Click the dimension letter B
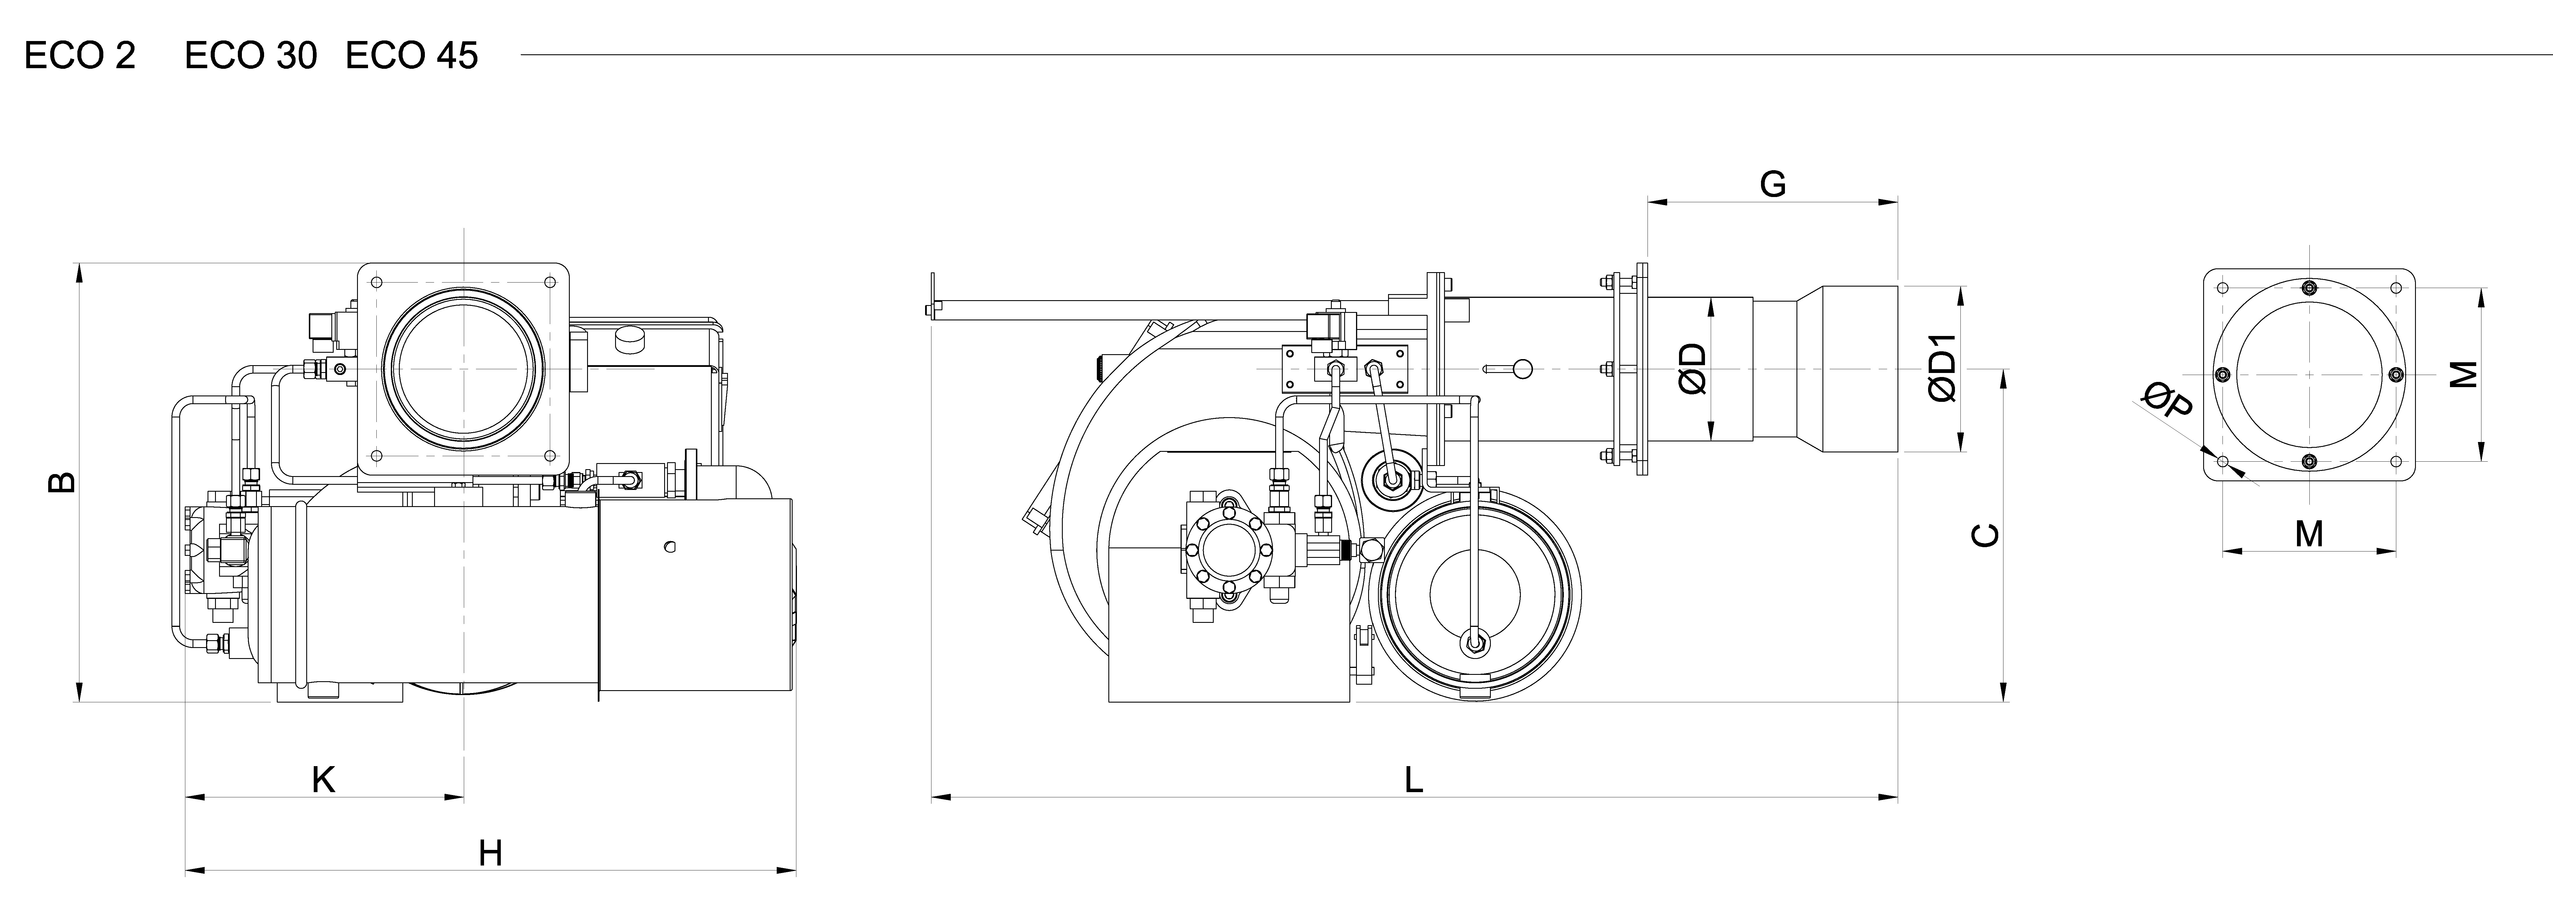[x=61, y=483]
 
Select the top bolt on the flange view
[x=2309, y=289]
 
